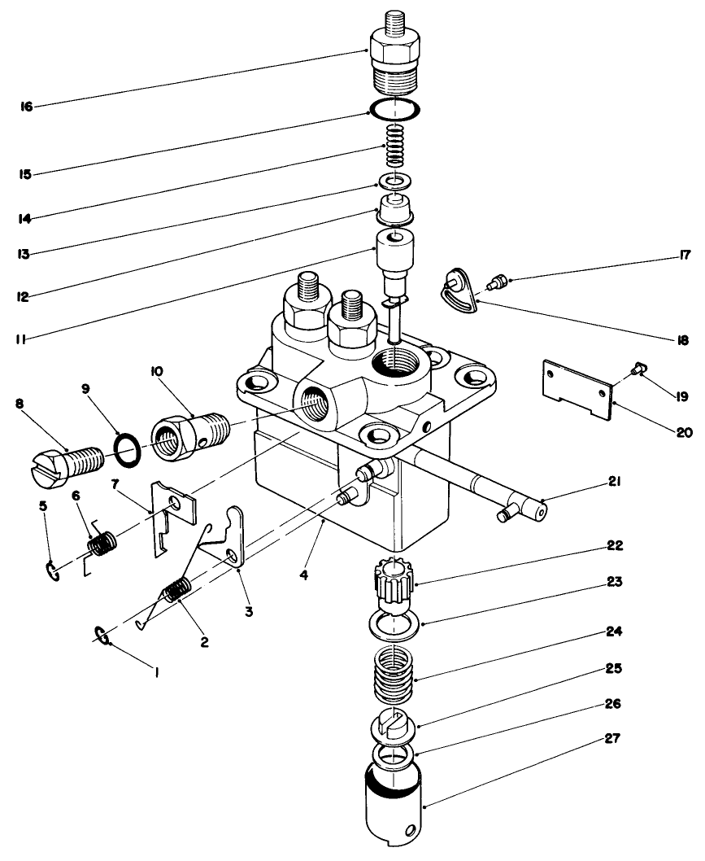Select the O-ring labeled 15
click(396, 109)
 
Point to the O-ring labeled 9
click(128, 447)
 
